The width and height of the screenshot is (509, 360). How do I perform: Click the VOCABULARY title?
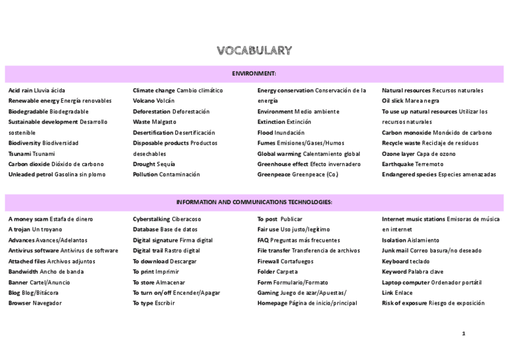[x=254, y=50]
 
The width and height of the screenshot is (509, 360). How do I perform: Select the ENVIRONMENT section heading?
[x=254, y=73]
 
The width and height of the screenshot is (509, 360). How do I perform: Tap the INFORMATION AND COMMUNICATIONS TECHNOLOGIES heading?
[x=254, y=202]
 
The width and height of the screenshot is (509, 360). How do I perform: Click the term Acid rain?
[x=20, y=91]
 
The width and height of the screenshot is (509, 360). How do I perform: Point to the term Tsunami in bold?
[x=19, y=154]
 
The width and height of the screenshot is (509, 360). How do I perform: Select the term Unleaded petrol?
[x=31, y=175]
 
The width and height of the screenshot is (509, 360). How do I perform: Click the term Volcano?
[x=143, y=101]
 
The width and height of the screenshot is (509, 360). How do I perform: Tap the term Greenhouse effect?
[x=283, y=164]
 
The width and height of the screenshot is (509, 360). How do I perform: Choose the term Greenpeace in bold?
[x=274, y=175]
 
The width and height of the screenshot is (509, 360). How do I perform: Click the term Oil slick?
[x=393, y=101]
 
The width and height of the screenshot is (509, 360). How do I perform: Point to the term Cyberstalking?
[x=151, y=219]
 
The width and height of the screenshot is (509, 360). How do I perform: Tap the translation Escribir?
[x=165, y=303]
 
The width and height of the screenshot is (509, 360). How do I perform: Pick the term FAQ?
[x=264, y=240]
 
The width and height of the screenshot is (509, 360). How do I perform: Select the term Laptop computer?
[x=405, y=282]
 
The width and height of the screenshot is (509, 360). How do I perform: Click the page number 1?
[x=463, y=334]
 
